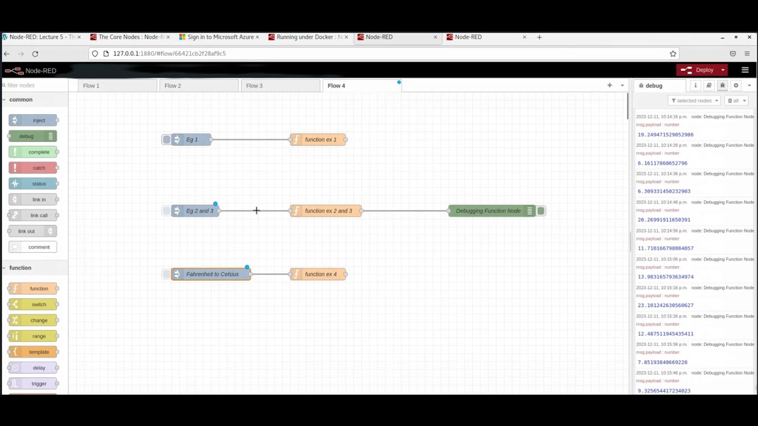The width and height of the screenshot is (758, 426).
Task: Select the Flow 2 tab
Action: tap(173, 86)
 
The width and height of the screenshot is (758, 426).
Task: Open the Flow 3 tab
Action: tap(254, 86)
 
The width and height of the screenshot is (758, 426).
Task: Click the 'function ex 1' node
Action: tap(320, 140)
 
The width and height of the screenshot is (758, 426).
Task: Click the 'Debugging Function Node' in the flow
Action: tap(488, 211)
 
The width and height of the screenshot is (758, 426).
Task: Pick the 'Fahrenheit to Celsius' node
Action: tap(211, 275)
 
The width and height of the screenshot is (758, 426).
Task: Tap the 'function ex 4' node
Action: tap(320, 275)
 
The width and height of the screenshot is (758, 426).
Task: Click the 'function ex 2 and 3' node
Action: tap(327, 211)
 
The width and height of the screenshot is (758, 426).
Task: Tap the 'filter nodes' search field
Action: tap(36, 85)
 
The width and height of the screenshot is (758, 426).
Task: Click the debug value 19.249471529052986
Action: tap(665, 135)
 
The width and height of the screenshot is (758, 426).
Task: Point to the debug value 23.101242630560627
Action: tap(665, 305)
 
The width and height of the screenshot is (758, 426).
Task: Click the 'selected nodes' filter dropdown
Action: tap(695, 101)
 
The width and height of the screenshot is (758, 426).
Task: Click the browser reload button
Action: tap(35, 54)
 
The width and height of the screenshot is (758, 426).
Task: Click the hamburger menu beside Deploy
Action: tap(745, 70)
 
